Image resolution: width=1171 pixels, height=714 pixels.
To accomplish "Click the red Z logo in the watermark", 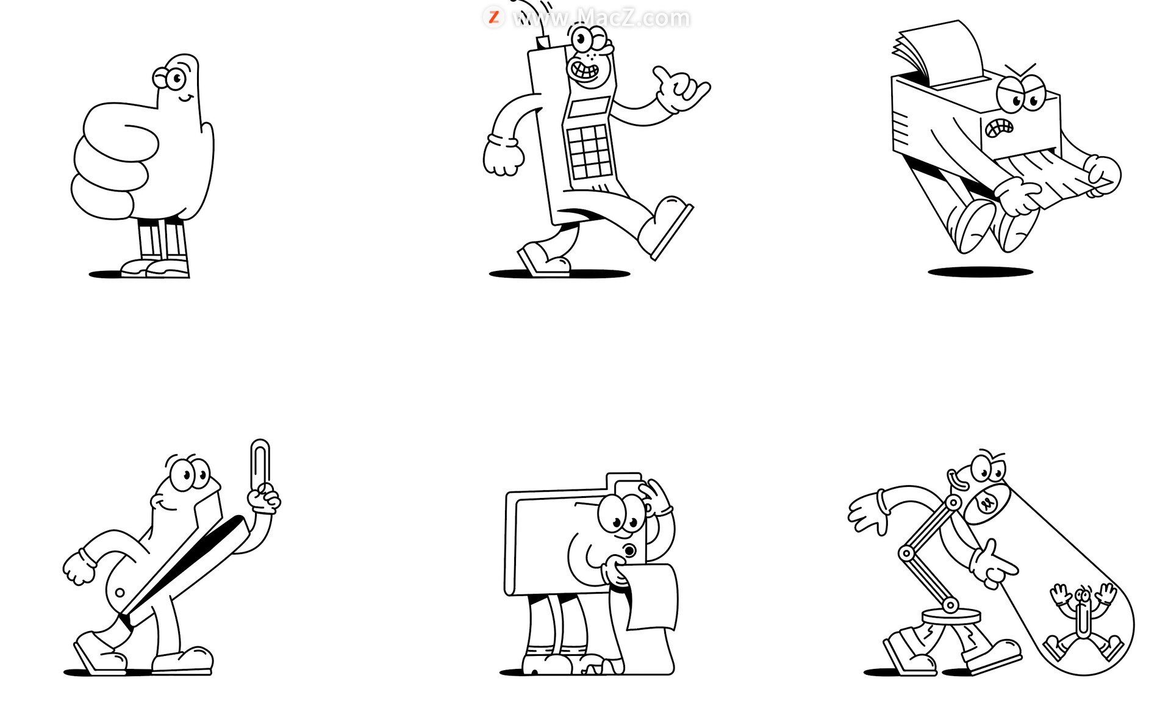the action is (493, 17).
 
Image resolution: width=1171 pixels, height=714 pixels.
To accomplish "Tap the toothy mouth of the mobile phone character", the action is (584, 70).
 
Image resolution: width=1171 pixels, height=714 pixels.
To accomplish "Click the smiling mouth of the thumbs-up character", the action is (186, 98).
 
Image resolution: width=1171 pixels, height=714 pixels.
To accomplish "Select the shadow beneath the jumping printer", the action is (980, 272).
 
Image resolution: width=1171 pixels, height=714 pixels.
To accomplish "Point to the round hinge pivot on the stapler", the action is (120, 593).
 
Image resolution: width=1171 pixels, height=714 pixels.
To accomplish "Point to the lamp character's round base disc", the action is (951, 616).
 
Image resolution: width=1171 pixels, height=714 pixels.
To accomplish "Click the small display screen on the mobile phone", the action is (588, 107).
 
